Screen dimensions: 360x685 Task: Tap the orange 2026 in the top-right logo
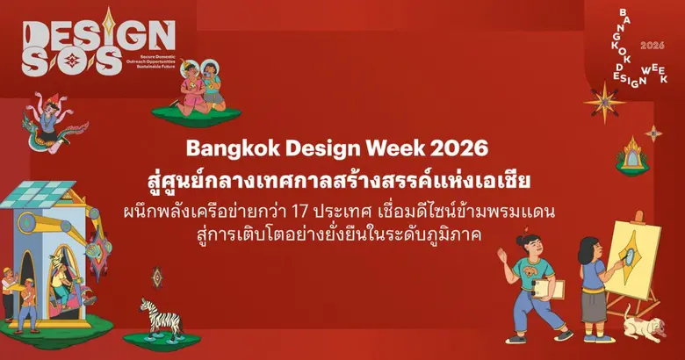tap(653, 44)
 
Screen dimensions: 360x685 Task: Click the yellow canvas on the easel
tap(634, 255)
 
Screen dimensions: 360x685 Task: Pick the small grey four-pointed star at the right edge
tap(654, 133)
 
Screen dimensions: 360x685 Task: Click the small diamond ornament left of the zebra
tap(156, 277)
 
